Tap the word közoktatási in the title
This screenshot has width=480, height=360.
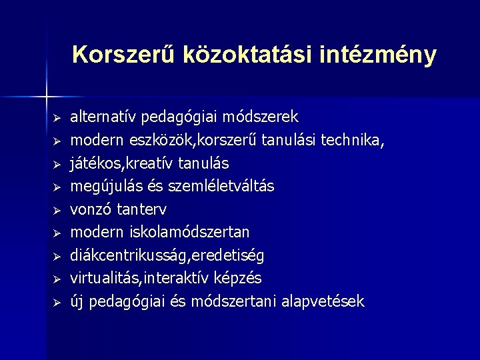pyautogui.click(x=233, y=55)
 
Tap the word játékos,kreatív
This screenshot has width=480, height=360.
pyautogui.click(x=125, y=163)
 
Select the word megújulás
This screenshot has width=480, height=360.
pyautogui.click(x=104, y=186)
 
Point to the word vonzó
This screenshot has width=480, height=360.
pyautogui.click(x=91, y=209)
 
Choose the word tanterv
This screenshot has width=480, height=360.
pyautogui.click(x=142, y=209)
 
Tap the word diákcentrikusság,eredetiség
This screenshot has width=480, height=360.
pyautogui.click(x=167, y=255)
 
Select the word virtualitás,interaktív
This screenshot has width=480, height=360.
pyautogui.click(x=142, y=278)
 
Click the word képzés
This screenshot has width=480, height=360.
pyautogui.click(x=239, y=278)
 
